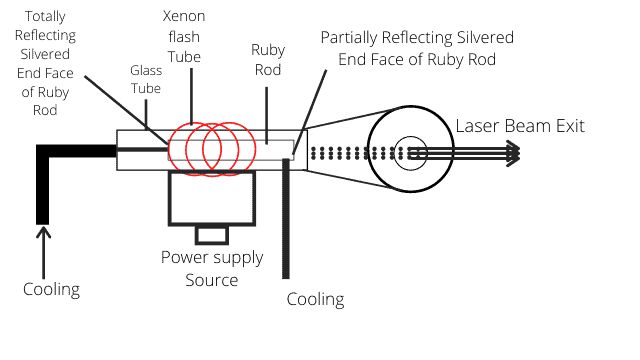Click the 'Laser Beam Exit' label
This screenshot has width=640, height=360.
click(520, 126)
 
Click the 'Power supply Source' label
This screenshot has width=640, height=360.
click(212, 268)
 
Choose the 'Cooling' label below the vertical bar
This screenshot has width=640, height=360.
click(315, 299)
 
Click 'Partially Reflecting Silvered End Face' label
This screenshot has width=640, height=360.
click(417, 47)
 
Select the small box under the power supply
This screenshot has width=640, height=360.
click(211, 234)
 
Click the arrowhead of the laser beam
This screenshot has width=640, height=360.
click(513, 152)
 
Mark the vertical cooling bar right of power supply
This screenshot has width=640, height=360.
click(286, 215)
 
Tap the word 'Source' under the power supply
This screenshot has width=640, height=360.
click(212, 280)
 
